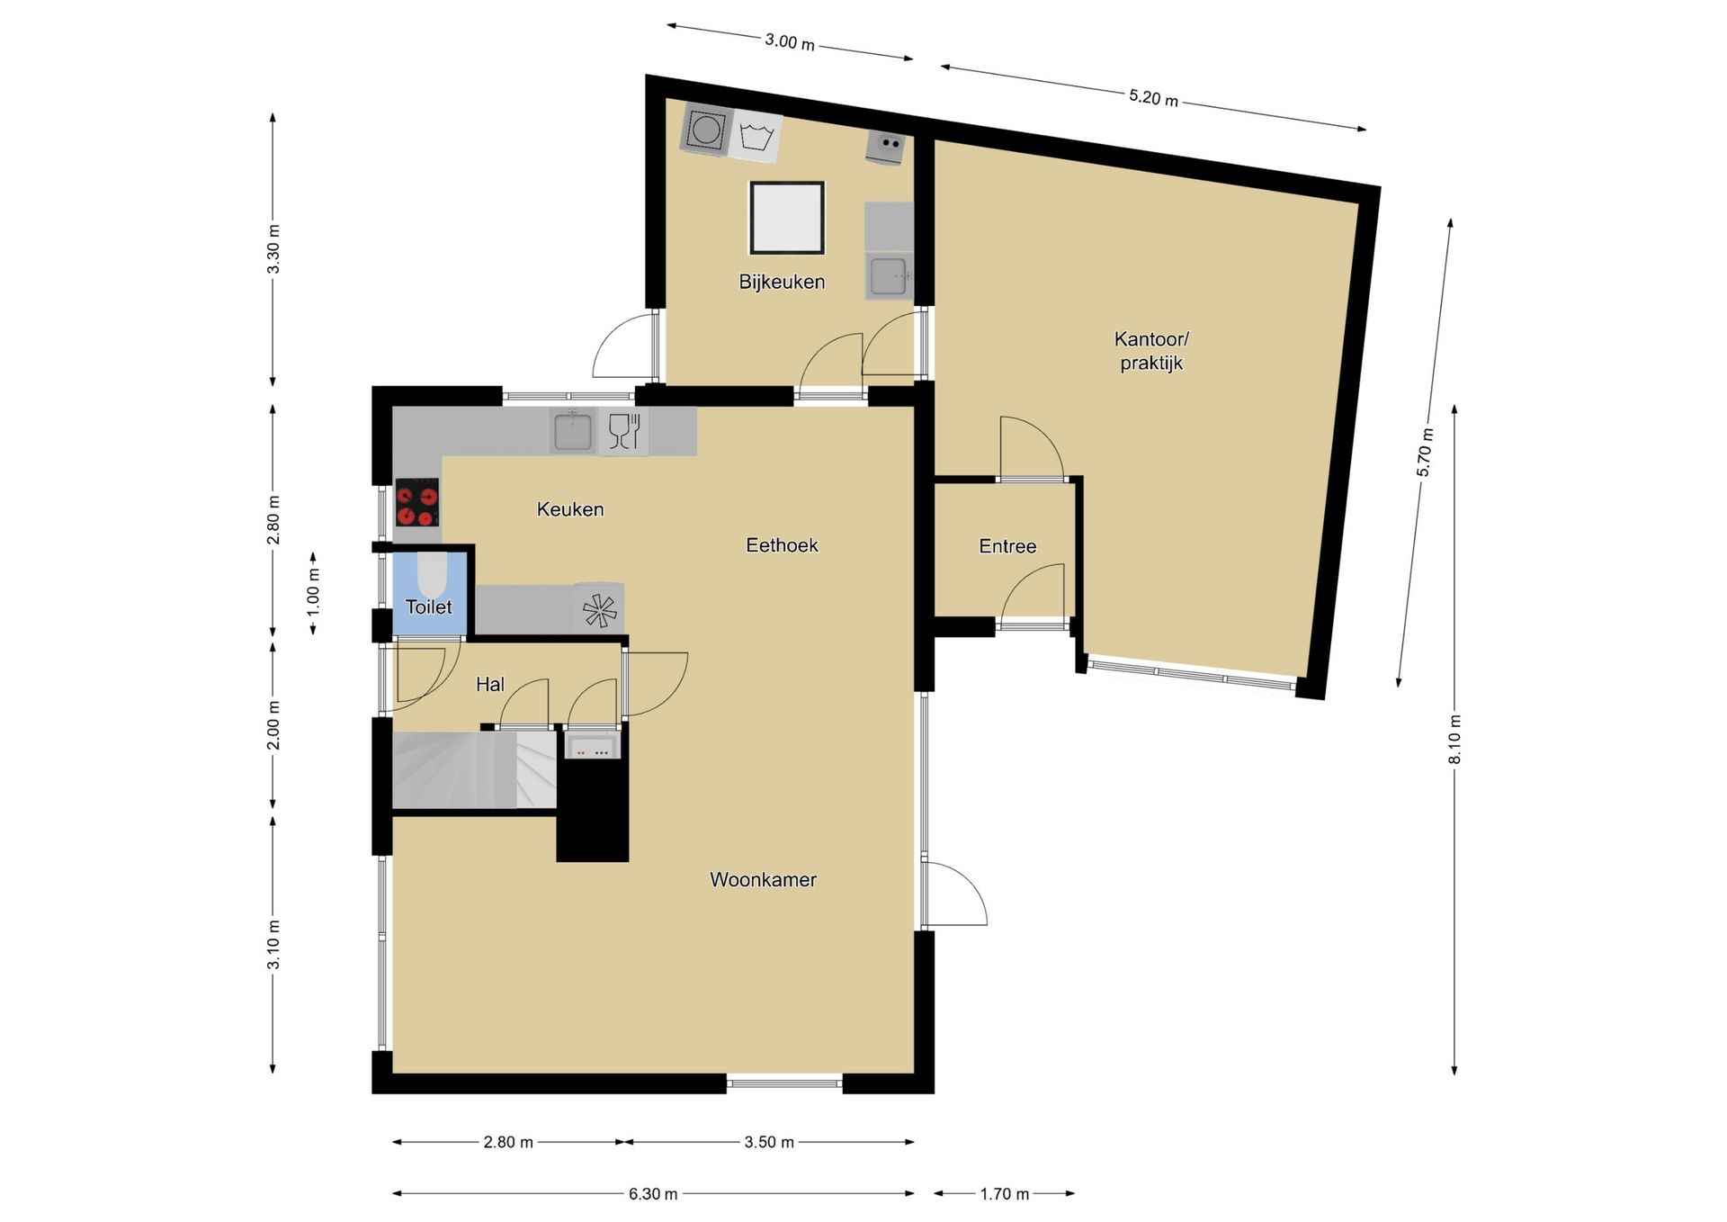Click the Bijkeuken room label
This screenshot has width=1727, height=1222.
(782, 282)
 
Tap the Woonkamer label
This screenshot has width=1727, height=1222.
(763, 879)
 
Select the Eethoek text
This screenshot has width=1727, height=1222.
(782, 544)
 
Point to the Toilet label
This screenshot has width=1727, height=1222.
(428, 607)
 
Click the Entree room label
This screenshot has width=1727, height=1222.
(1007, 546)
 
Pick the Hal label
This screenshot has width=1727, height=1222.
(489, 684)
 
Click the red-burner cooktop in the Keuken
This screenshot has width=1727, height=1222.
(417, 502)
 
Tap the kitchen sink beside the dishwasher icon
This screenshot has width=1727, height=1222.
(572, 431)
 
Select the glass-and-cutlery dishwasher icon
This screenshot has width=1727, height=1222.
(623, 431)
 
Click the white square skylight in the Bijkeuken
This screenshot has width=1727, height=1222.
(787, 218)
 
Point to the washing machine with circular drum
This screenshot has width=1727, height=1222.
(706, 130)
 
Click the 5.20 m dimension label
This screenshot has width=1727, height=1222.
(1153, 97)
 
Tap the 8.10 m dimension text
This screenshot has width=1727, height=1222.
(1454, 739)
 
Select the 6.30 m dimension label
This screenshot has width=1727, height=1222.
(653, 1194)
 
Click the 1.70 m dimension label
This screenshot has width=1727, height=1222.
(1005, 1194)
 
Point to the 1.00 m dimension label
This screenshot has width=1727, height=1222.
(313, 593)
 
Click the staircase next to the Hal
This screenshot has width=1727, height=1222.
(474, 770)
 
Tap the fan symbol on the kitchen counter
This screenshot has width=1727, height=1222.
(599, 609)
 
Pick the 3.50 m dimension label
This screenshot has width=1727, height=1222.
(769, 1142)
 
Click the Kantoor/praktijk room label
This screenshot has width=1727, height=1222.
(1151, 351)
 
